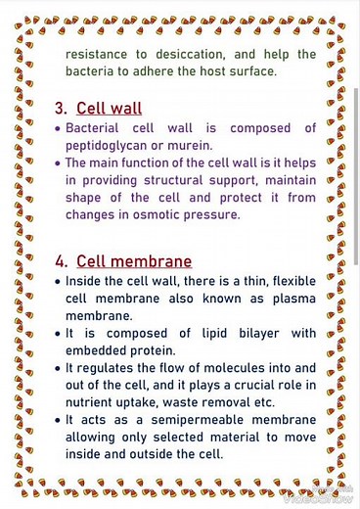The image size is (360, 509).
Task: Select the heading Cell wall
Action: point(109,108)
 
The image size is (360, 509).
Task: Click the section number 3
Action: point(60,108)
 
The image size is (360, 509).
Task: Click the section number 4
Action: point(61,261)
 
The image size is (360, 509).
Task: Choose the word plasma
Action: point(291,299)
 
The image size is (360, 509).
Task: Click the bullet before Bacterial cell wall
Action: point(59,128)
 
